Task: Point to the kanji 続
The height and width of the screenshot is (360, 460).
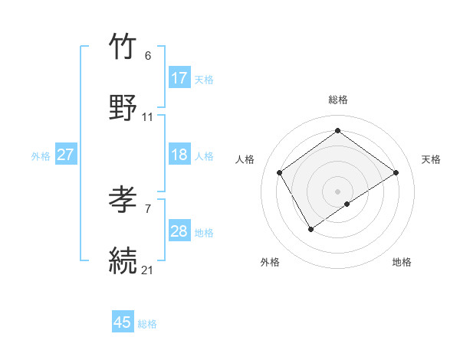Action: click(x=124, y=260)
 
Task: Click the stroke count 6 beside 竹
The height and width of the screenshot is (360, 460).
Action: click(x=148, y=56)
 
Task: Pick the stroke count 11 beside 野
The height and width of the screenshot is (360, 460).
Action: click(x=148, y=117)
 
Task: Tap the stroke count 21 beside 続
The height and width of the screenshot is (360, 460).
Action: click(x=148, y=270)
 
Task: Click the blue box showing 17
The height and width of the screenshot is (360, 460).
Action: click(x=179, y=77)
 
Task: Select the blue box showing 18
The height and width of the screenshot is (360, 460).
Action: click(x=179, y=155)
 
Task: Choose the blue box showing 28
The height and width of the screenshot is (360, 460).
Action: click(x=179, y=231)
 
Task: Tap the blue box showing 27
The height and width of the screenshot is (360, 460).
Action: click(x=66, y=155)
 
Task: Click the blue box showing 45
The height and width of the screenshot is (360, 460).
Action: click(x=123, y=322)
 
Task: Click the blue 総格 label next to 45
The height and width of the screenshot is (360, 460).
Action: click(x=148, y=324)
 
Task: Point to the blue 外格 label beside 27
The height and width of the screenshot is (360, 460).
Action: click(x=41, y=156)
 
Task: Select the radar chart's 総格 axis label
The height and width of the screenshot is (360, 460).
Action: click(x=338, y=100)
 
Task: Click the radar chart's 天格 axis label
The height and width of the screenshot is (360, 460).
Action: click(x=431, y=159)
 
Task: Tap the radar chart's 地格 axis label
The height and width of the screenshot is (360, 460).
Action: click(x=402, y=262)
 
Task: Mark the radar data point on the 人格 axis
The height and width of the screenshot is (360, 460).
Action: click(x=280, y=172)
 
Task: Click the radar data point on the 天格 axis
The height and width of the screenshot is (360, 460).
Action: click(x=396, y=172)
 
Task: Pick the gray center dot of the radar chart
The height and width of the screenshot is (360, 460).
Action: click(x=338, y=191)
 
